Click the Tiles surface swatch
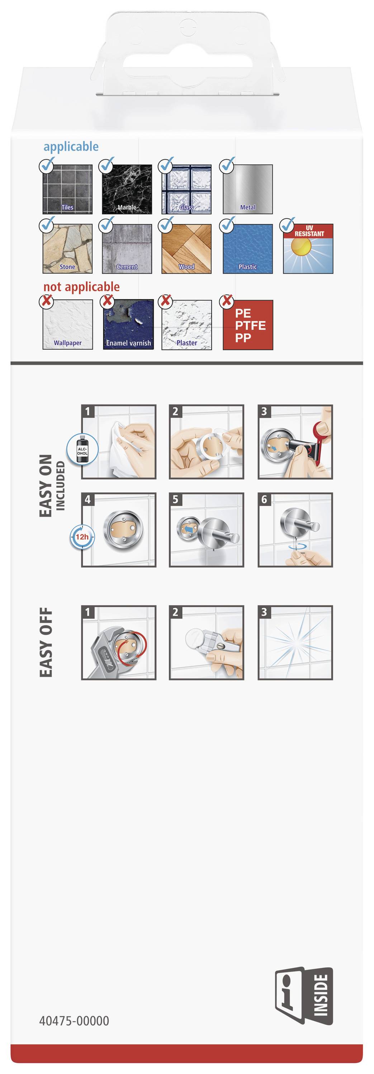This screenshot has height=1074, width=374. tap(68, 189)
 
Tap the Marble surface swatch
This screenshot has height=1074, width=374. tap(127, 189)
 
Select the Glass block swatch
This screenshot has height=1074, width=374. tap(186, 189)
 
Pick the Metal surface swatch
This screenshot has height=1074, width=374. tap(247, 189)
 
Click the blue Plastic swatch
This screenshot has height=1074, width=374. tap(247, 249)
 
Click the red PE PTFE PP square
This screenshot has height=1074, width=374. tap(247, 325)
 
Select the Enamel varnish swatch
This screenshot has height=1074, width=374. tap(128, 325)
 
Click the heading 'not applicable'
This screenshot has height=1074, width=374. tap(81, 287)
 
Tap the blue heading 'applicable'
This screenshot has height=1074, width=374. tap(71, 147)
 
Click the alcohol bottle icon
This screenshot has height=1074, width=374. tap(82, 449)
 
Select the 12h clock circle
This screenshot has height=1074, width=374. tap(82, 537)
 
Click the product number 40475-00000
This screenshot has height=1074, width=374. tap(74, 1021)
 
